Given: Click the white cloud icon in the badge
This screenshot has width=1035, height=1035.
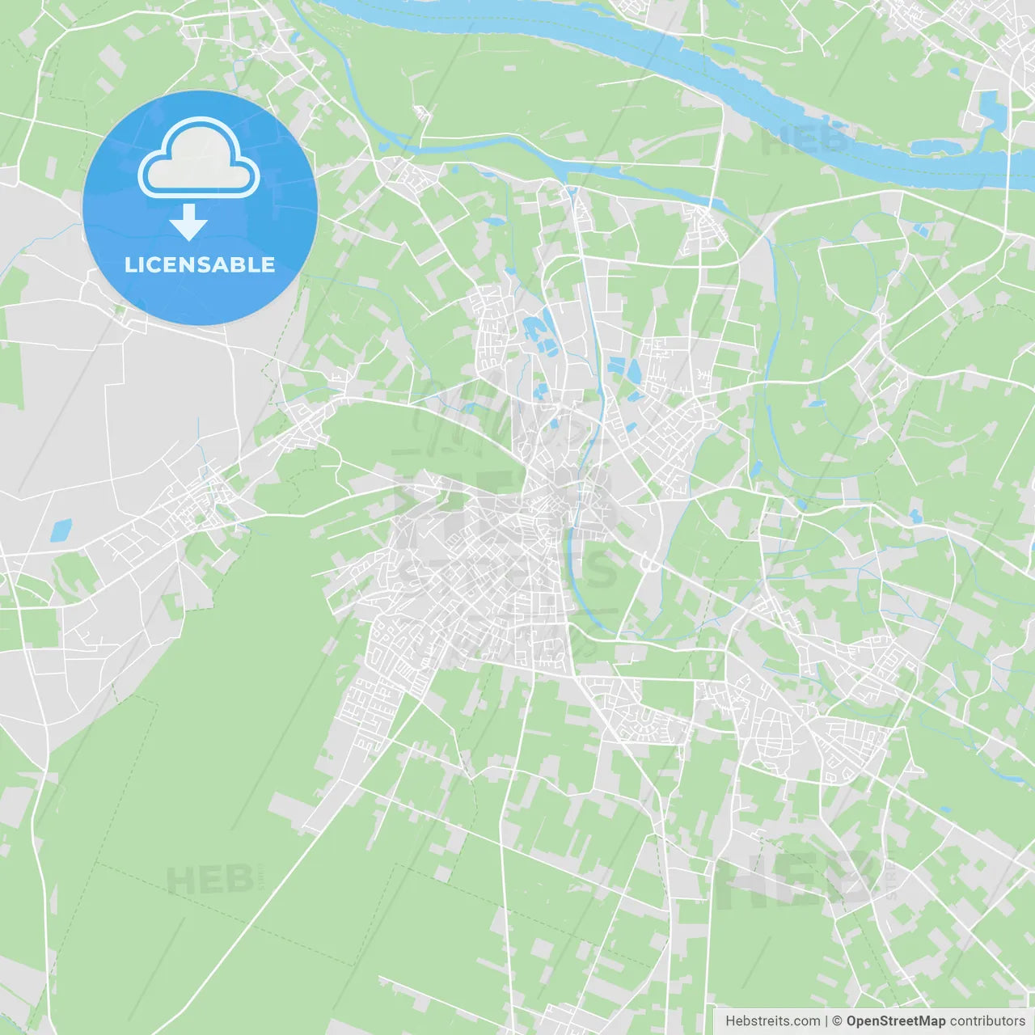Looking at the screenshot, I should point(199,159).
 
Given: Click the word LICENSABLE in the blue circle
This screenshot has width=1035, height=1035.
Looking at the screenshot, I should point(200,264).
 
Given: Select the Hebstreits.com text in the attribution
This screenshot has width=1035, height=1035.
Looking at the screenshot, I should point(772,1021).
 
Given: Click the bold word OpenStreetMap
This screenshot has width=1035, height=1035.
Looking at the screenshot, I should point(895,1021).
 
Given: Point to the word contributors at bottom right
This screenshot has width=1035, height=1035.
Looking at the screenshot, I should point(987,1021).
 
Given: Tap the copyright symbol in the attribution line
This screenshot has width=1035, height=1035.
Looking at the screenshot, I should point(837,1021).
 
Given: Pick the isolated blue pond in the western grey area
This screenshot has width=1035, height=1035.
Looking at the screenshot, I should point(61,530).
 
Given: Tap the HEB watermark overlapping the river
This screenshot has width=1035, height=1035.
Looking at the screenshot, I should point(805,139).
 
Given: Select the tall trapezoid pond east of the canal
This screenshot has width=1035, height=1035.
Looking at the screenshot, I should point(633,370).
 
